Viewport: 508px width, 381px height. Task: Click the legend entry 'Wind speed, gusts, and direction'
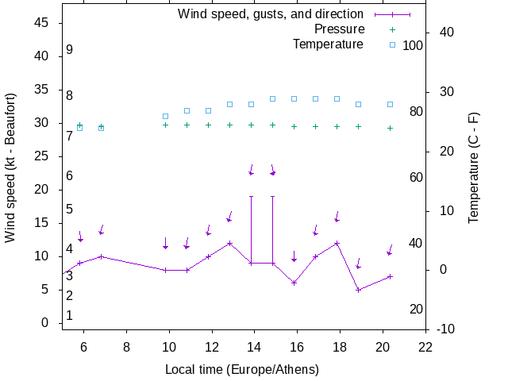[270, 14]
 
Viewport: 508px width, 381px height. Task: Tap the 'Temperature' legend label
[328, 44]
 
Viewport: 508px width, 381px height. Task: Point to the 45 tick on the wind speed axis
[43, 23]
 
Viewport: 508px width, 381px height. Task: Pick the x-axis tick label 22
[425, 347]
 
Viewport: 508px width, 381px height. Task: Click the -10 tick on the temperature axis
[444, 329]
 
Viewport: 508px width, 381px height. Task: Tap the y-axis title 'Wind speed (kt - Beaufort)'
[10, 178]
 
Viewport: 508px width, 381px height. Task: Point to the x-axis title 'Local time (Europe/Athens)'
[242, 370]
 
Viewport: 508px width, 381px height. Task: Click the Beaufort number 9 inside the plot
[70, 49]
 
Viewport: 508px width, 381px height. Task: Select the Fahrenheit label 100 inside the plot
[413, 45]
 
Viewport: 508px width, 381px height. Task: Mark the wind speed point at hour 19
[358, 290]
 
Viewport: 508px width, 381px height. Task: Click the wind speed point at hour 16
[294, 283]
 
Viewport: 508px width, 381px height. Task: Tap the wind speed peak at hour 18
[337, 243]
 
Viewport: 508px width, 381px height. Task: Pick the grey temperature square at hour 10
[165, 116]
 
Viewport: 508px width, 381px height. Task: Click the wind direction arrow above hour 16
[294, 256]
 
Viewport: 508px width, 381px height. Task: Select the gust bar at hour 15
[272, 229]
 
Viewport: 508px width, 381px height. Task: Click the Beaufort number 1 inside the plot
[70, 315]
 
